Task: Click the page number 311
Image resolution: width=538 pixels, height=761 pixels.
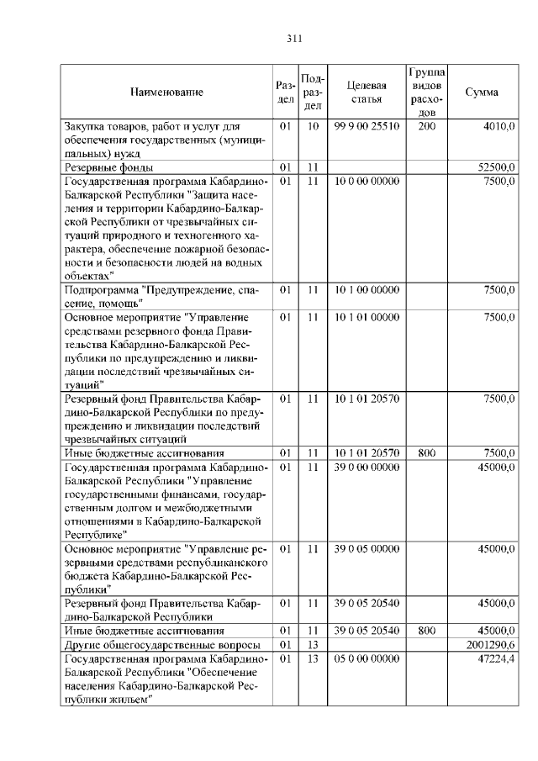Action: click(x=293, y=38)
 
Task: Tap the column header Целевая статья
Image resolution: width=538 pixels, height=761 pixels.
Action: click(x=367, y=92)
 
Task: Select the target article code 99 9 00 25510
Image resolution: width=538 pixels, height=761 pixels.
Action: click(x=367, y=126)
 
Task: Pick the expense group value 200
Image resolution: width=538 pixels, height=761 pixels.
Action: click(x=426, y=126)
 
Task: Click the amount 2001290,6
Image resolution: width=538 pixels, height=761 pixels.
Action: click(x=491, y=645)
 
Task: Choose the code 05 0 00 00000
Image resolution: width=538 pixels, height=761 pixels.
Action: click(x=367, y=658)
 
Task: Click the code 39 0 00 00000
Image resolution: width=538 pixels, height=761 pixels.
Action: click(x=367, y=467)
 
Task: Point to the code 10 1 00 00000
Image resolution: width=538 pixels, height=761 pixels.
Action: click(x=367, y=289)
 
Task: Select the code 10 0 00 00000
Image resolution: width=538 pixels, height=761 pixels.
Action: click(x=367, y=181)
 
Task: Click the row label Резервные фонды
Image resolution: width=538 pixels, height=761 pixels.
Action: click(x=108, y=167)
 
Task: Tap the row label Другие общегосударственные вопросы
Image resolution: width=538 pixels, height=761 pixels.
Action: click(x=156, y=645)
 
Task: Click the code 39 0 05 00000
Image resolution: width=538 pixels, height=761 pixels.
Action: click(x=367, y=549)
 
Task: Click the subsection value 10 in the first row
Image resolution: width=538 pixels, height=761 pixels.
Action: click(x=312, y=126)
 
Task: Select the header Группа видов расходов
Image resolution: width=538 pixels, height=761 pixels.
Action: click(x=426, y=92)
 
